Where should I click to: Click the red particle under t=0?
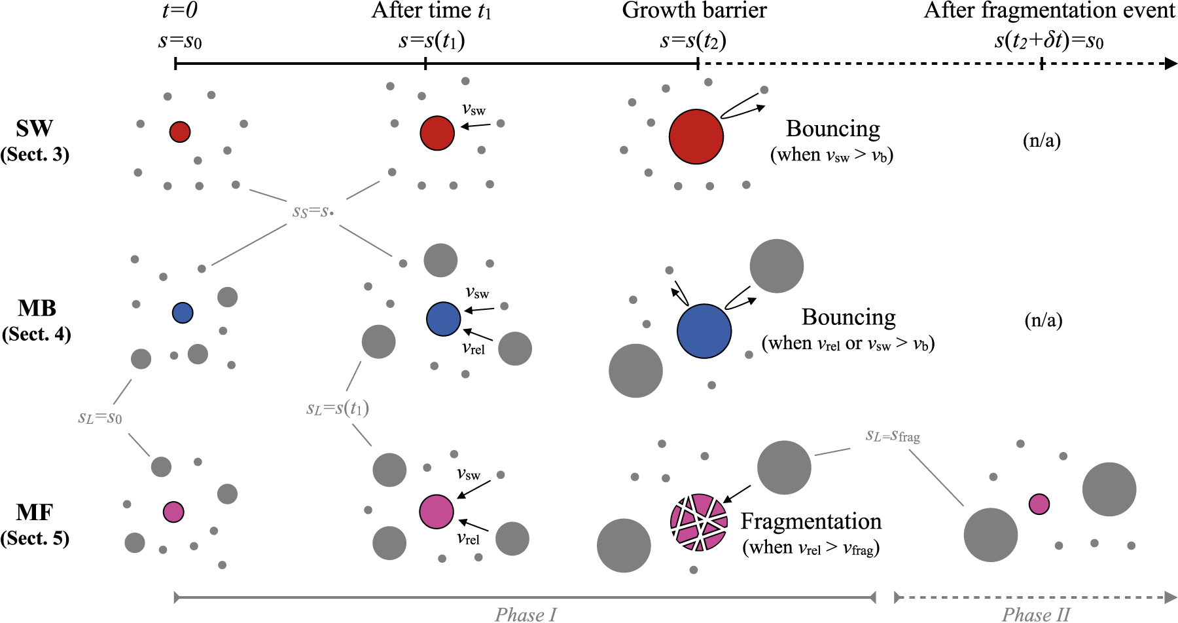click(180, 132)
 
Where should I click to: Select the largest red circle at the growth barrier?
click(696, 136)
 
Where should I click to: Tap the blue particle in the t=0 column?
click(183, 312)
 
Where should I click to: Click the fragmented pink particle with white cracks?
click(699, 522)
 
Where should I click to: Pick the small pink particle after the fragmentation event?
click(1039, 504)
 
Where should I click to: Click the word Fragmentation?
click(811, 521)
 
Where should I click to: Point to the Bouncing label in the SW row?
click(832, 129)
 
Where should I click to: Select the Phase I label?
click(526, 614)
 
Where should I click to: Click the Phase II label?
click(1035, 614)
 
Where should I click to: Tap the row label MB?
click(37, 308)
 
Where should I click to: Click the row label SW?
click(35, 128)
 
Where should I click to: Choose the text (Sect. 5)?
click(35, 538)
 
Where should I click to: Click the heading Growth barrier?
click(694, 11)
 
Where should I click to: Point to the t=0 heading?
click(180, 11)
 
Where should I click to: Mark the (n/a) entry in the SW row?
click(1041, 141)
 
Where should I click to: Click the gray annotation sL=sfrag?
click(893, 436)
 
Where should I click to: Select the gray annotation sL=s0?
click(100, 417)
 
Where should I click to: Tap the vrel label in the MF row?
click(469, 538)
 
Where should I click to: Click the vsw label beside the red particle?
click(474, 109)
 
